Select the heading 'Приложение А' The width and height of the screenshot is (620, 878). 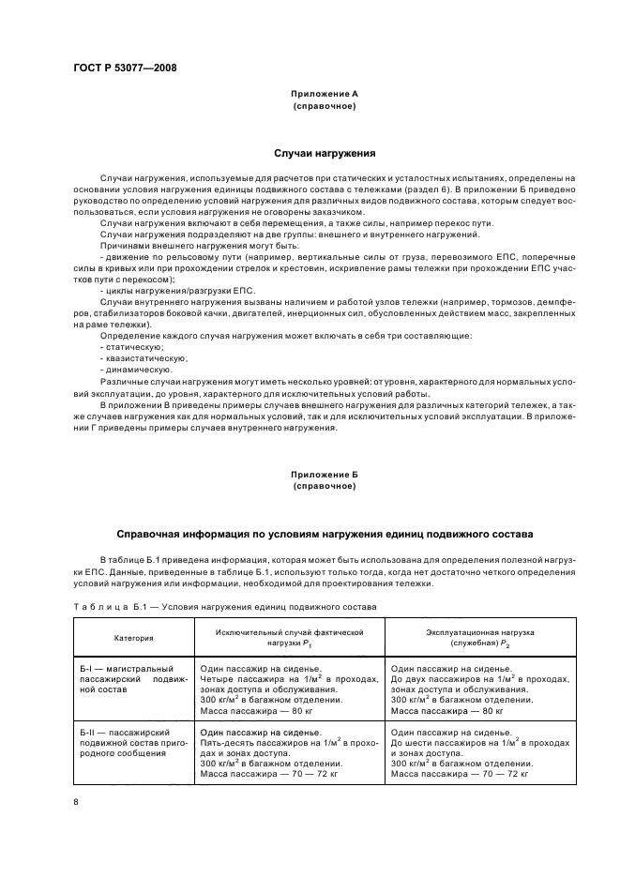pos(324,95)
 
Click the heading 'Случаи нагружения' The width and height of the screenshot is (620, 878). pos(324,152)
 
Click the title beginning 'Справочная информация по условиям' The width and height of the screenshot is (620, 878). pos(324,533)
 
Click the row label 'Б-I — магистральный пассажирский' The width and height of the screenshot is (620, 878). pos(133,675)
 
